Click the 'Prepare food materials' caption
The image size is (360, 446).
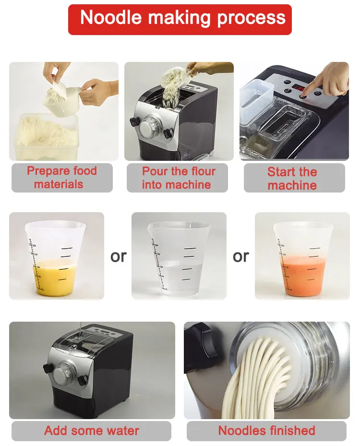(61, 178)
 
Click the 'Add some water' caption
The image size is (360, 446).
(91, 431)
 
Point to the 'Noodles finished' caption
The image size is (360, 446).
(266, 431)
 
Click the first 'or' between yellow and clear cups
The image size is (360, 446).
(118, 256)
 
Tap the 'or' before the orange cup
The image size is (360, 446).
(240, 256)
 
